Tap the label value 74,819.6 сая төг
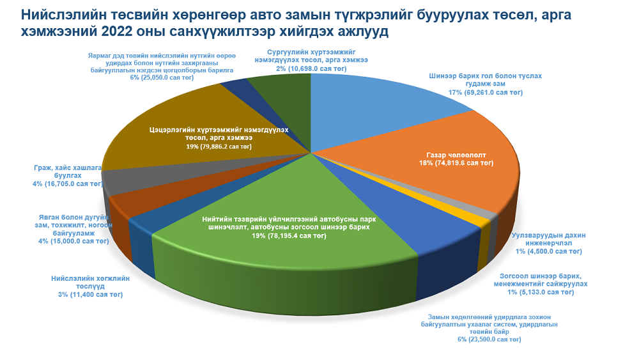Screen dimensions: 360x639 pyautogui.click(x=468, y=164)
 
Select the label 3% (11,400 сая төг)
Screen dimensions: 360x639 pyautogui.click(x=90, y=295)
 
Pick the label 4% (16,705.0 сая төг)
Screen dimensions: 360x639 pyautogui.click(x=68, y=184)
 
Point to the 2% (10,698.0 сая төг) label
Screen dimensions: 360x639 pyautogui.click(x=311, y=68)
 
